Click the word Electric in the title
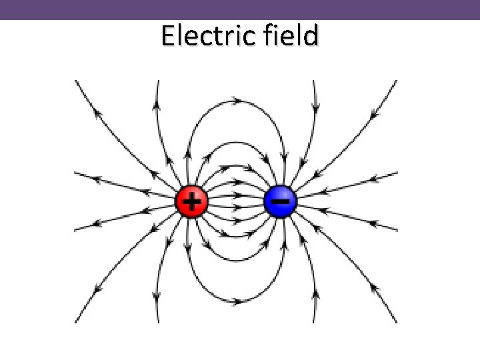(201, 36)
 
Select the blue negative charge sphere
(281, 201)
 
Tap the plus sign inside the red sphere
(192, 201)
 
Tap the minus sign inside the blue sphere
(282, 199)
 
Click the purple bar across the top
(240, 9)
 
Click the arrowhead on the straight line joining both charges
(237, 201)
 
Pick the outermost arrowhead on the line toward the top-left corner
(98, 113)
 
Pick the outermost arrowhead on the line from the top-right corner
(377, 113)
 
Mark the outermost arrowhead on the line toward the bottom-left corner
(98, 290)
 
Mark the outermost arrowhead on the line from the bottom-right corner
(375, 289)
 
